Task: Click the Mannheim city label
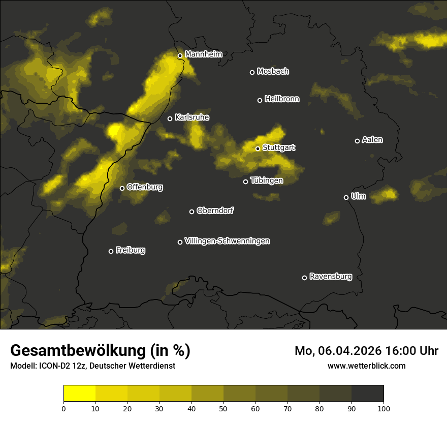204,54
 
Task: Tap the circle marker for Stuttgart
258,148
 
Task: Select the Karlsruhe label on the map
191,117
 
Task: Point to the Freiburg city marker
111,251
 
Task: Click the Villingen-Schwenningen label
227,241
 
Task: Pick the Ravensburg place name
330,277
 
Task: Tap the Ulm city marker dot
346,197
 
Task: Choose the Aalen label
372,140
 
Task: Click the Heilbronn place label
282,99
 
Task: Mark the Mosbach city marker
252,72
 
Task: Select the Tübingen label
267,180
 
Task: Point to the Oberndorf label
215,210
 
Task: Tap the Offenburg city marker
122,188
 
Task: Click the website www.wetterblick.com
366,366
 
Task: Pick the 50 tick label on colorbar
223,408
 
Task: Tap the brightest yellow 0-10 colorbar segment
80,394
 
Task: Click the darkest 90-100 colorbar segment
367,394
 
